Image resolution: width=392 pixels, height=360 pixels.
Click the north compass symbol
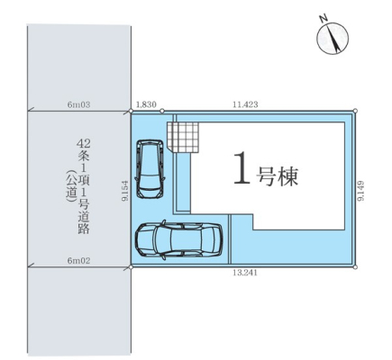click(x=333, y=40)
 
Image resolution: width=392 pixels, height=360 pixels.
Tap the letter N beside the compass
click(x=324, y=19)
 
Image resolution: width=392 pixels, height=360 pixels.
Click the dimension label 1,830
click(x=146, y=104)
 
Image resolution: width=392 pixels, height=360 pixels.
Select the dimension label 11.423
click(x=245, y=104)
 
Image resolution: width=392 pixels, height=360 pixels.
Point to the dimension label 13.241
click(x=245, y=273)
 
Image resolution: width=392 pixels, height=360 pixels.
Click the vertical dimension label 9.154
click(x=125, y=191)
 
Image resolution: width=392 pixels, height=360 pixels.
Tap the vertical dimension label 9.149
click(x=360, y=191)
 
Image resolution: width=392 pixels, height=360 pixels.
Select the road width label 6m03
click(x=79, y=104)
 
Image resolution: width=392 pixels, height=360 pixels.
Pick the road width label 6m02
click(x=78, y=261)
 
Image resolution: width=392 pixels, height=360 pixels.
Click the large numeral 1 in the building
click(x=242, y=167)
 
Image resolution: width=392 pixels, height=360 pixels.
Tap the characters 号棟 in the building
click(x=277, y=176)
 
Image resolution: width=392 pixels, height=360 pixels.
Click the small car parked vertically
click(x=150, y=169)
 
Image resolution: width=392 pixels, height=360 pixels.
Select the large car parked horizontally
click(x=179, y=239)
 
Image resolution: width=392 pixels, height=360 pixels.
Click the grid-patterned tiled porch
click(x=183, y=138)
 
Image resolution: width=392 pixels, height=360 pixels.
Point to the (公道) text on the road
click(x=71, y=186)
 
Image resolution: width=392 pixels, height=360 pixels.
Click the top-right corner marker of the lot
click(x=355, y=111)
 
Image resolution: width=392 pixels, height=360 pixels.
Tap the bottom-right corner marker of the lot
click(x=355, y=266)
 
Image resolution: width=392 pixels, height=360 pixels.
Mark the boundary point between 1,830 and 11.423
click(x=162, y=111)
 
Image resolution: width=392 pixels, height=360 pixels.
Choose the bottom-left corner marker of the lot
click(x=131, y=266)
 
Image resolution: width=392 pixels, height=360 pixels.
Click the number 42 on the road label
click(x=83, y=143)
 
